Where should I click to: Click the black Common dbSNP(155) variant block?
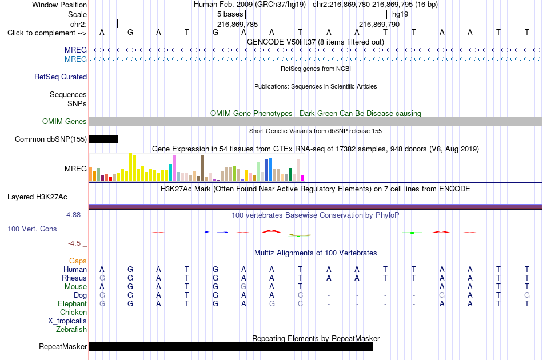click(103, 139)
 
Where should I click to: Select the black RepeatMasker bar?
click(231, 346)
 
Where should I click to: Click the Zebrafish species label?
click(71, 330)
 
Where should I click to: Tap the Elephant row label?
click(73, 303)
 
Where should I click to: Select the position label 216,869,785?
click(238, 24)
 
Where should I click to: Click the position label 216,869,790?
click(379, 24)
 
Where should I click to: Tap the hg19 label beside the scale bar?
click(400, 14)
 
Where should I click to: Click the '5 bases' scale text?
click(230, 14)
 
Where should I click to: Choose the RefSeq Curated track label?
click(61, 77)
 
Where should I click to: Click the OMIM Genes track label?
click(65, 122)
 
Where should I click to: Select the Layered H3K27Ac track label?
click(37, 197)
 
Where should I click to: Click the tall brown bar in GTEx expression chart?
click(202, 168)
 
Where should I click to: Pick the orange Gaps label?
click(78, 261)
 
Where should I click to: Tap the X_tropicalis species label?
click(67, 321)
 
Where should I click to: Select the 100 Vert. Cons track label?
click(32, 229)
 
